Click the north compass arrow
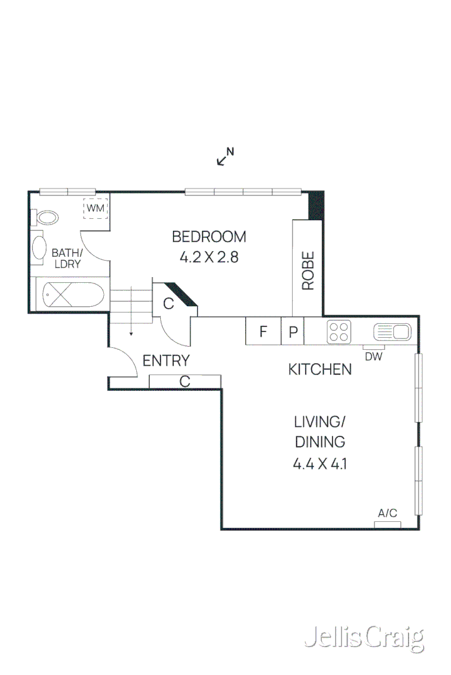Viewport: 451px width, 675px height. pyautogui.click(x=224, y=157)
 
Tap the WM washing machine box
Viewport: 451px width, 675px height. pyautogui.click(x=95, y=208)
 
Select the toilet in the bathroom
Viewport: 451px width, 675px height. pyautogui.click(x=47, y=218)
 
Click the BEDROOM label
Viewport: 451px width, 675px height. pyautogui.click(x=208, y=237)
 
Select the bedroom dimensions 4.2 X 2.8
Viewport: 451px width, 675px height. pyautogui.click(x=208, y=257)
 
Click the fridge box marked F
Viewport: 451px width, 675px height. pyautogui.click(x=264, y=331)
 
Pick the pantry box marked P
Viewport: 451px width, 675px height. pyautogui.click(x=293, y=331)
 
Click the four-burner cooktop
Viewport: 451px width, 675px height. pyautogui.click(x=340, y=331)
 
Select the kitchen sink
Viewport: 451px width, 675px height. pyautogui.click(x=392, y=331)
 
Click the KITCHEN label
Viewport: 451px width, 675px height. pyautogui.click(x=320, y=369)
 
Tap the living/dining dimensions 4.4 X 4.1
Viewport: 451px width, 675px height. pyautogui.click(x=320, y=464)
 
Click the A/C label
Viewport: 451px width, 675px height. pyautogui.click(x=388, y=513)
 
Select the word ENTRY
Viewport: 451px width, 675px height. pyautogui.click(x=166, y=361)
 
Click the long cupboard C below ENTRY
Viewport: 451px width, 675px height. pyautogui.click(x=185, y=381)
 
